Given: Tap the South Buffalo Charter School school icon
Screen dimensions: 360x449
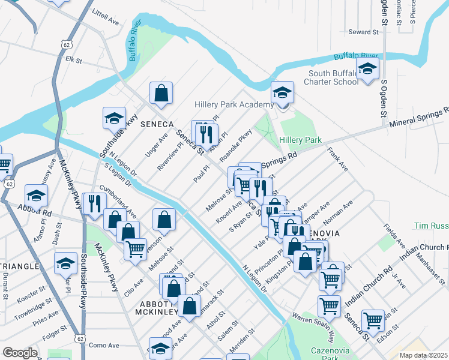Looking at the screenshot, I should (367, 69).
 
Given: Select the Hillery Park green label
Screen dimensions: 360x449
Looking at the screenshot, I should (301, 140).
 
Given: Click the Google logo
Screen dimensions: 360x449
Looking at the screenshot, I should (20, 352).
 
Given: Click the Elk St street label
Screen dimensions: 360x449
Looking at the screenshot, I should (73, 59).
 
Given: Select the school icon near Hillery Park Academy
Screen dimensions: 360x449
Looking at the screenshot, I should (282, 92).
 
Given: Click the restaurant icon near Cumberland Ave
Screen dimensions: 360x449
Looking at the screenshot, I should (94, 203).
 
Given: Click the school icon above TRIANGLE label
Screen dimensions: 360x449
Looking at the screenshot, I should (65, 262).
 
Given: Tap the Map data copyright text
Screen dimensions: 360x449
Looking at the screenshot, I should (424, 355).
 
